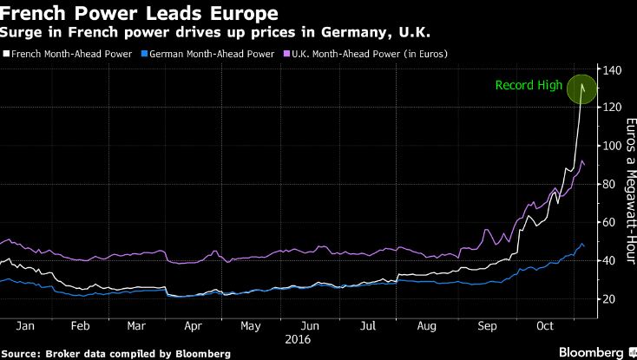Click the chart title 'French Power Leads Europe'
140,13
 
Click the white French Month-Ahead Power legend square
6,54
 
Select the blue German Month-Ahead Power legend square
144,54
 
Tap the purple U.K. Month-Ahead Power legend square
286,54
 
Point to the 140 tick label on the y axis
612,70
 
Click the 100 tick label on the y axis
612,145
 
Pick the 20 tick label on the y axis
609,298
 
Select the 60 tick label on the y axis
609,222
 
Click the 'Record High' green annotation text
529,86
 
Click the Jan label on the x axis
25,326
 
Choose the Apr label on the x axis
193,327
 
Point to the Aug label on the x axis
427,327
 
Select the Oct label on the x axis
545,326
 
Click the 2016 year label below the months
298,339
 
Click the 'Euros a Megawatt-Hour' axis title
631,191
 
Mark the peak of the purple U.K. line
582,160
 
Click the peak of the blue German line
582,244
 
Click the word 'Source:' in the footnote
21,354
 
